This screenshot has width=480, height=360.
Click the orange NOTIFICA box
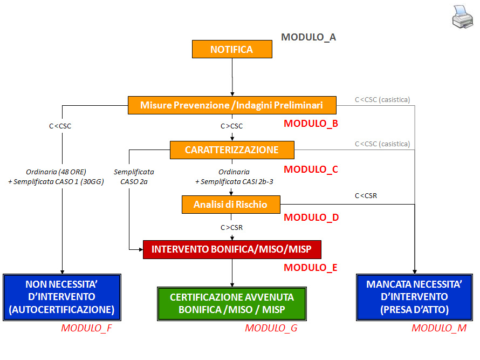(232, 50)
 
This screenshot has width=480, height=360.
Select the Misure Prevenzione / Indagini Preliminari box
(232, 105)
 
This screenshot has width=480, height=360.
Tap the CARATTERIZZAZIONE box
(232, 150)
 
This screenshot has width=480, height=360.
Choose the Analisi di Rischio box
(231, 205)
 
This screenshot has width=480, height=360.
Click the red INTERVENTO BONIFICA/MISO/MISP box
(232, 249)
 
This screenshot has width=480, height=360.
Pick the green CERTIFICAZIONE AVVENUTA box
(232, 303)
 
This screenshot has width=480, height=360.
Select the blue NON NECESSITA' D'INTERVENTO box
(62, 297)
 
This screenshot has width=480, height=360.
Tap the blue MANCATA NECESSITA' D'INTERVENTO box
(415, 297)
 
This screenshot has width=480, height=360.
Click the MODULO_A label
(308, 37)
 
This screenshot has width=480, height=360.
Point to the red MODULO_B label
(311, 124)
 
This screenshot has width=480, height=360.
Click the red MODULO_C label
(311, 169)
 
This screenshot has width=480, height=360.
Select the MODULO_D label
(311, 218)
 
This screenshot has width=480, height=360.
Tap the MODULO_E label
(311, 267)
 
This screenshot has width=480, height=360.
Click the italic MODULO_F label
(86, 328)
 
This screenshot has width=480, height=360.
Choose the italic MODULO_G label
(271, 328)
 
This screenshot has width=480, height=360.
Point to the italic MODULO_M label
(439, 328)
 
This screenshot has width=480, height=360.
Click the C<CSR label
(366, 195)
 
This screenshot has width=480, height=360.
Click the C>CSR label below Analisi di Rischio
(232, 227)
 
